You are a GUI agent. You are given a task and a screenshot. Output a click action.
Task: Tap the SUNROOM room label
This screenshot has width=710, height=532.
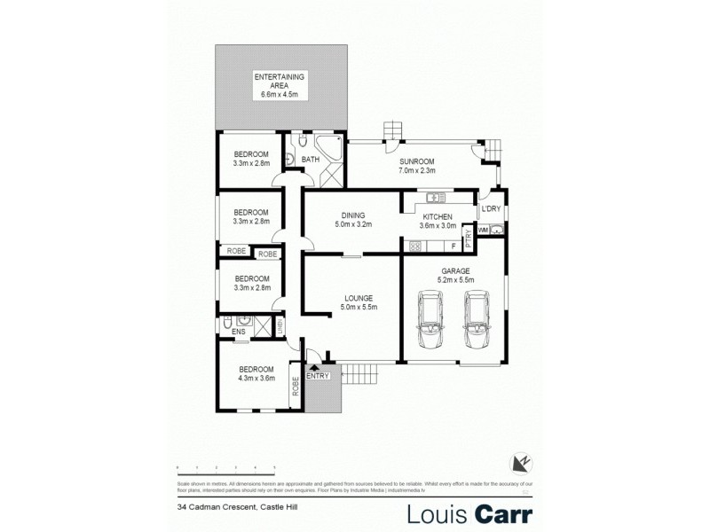tap(416, 161)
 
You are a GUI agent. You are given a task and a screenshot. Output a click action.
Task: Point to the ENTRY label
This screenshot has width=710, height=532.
tap(317, 375)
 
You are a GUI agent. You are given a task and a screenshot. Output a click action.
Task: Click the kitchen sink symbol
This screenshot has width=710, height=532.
tap(436, 197)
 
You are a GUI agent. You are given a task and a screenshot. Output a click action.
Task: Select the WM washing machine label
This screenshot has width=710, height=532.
tap(483, 231)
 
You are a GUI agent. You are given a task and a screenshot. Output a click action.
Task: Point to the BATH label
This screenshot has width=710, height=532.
tap(310, 160)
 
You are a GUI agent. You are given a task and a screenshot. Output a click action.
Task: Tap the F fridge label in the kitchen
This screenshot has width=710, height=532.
tap(453, 245)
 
